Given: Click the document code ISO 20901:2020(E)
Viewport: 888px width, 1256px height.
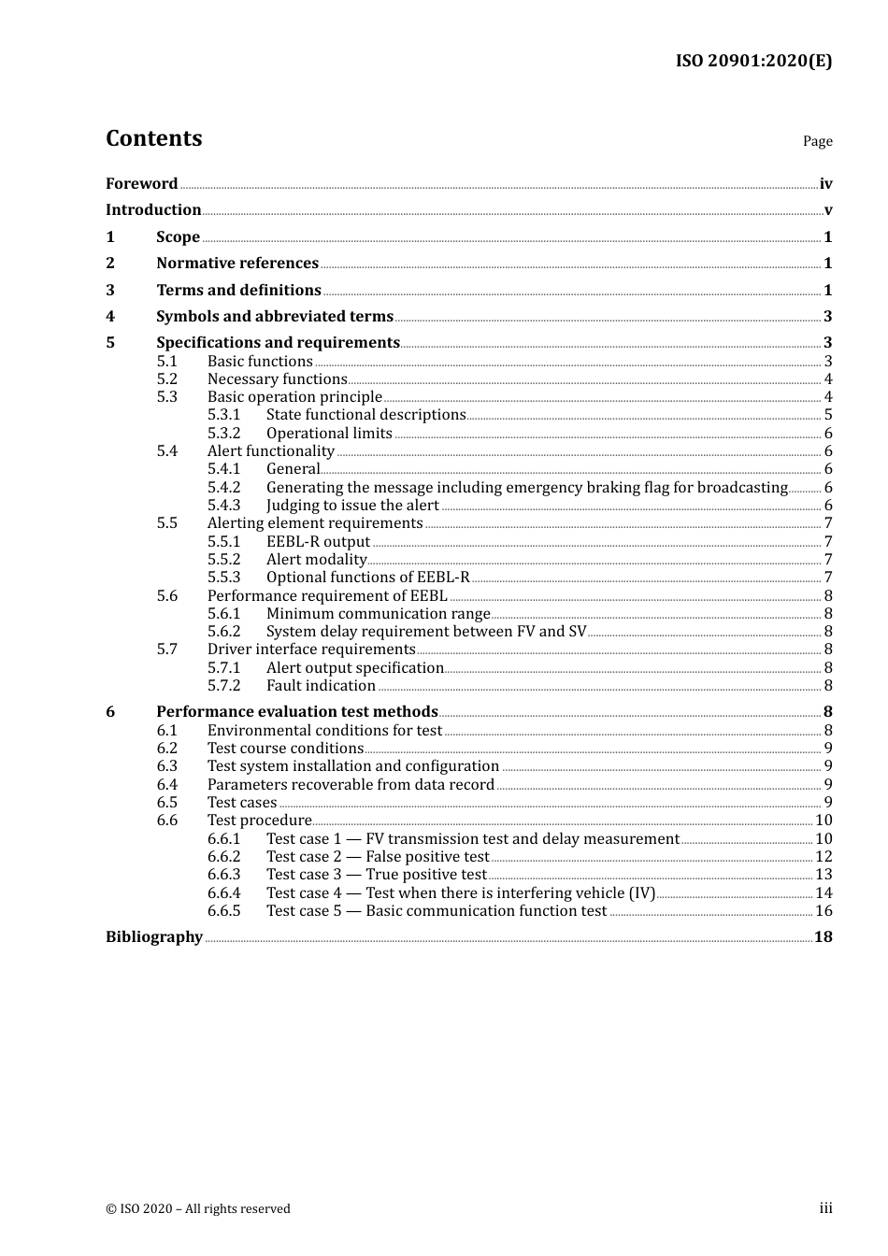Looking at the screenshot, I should click(753, 61).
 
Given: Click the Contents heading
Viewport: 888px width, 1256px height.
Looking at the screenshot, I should click(153, 138).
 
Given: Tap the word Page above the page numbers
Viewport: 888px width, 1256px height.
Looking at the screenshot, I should click(817, 141).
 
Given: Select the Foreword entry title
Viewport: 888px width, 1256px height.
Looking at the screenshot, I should click(141, 183).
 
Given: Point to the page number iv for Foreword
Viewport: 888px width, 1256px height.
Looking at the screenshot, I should click(825, 184).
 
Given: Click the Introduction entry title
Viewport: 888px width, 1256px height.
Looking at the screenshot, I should click(153, 209).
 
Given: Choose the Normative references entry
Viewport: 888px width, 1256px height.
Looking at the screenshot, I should click(237, 263).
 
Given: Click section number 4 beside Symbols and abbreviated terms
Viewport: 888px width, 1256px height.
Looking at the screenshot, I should click(110, 316).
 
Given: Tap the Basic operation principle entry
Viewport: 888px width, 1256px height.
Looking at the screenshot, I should click(294, 396).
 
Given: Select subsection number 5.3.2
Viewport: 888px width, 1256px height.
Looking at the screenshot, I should click(223, 433).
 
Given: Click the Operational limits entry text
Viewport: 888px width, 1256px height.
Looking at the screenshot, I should click(329, 433).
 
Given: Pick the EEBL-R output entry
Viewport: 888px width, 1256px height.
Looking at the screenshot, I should click(318, 541).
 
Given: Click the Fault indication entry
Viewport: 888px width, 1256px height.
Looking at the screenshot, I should click(321, 685).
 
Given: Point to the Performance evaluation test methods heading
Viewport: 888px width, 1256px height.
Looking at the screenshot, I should click(296, 711).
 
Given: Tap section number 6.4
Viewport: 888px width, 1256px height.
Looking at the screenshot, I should click(166, 784).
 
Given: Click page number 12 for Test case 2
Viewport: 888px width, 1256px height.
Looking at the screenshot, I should click(824, 856).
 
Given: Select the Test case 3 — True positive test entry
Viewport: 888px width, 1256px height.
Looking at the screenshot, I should click(376, 874).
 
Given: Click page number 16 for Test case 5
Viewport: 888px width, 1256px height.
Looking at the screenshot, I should click(824, 910).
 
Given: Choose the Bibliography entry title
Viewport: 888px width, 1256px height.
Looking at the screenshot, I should click(154, 936).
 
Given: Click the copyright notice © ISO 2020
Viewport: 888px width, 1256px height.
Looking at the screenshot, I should click(198, 1208).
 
